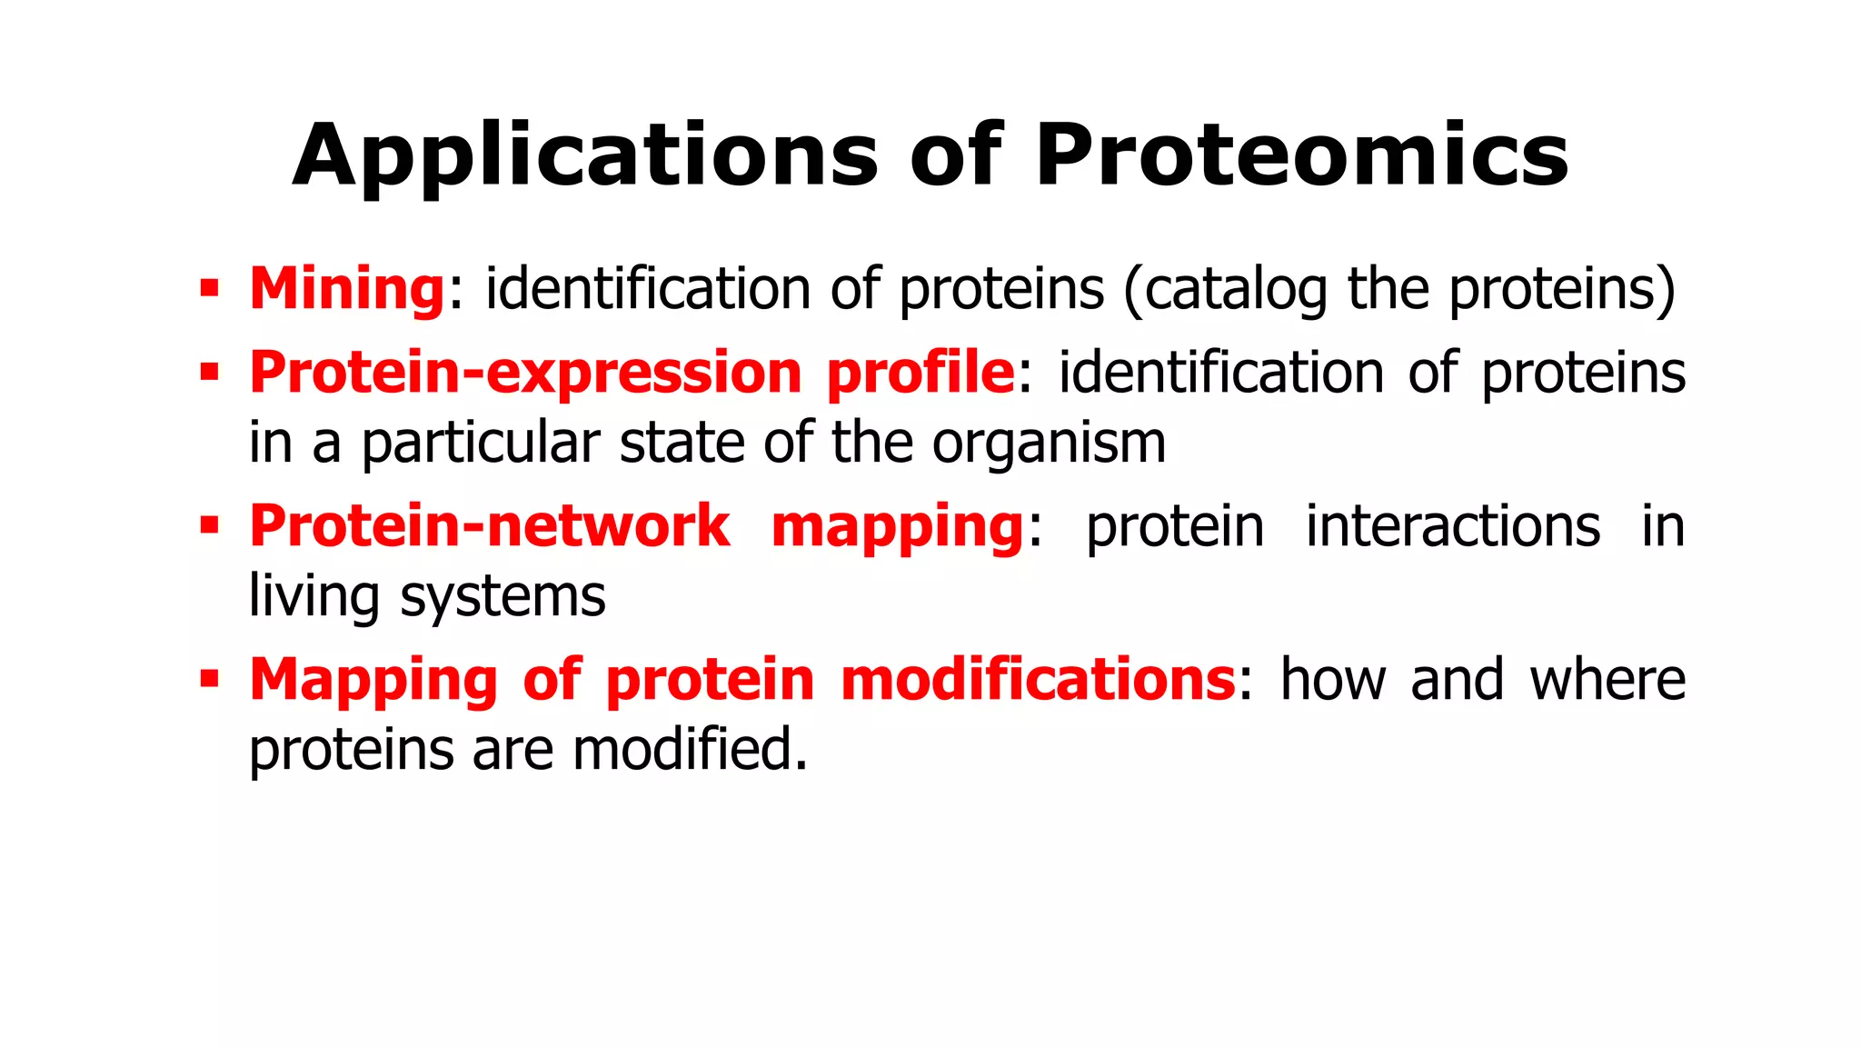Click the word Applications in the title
(585, 156)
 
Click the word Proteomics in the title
(1301, 156)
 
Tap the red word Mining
(347, 289)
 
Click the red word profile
(920, 373)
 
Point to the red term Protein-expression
(525, 373)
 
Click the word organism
(1049, 444)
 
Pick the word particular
(481, 444)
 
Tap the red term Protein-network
(489, 526)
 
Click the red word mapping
(898, 528)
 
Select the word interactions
(1452, 526)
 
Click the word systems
(503, 598)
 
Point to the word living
(313, 598)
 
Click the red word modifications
(1038, 680)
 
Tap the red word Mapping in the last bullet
(373, 682)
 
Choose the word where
(1607, 680)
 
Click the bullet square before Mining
(210, 290)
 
